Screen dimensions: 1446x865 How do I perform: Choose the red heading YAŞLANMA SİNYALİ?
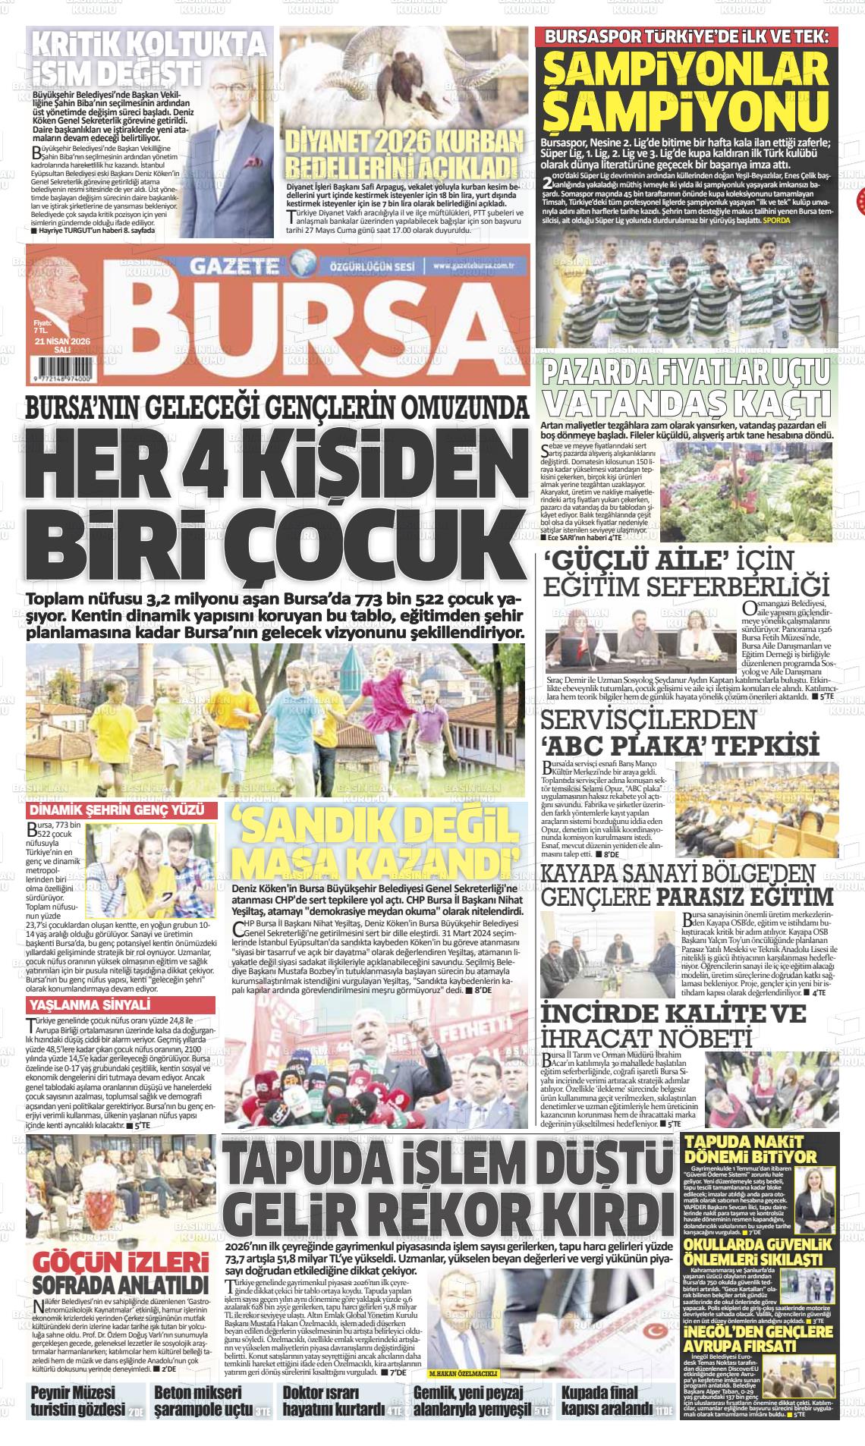90,1006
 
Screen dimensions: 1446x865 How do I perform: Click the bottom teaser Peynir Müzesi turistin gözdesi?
77,1401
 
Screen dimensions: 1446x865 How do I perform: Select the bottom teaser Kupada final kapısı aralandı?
607,1401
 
